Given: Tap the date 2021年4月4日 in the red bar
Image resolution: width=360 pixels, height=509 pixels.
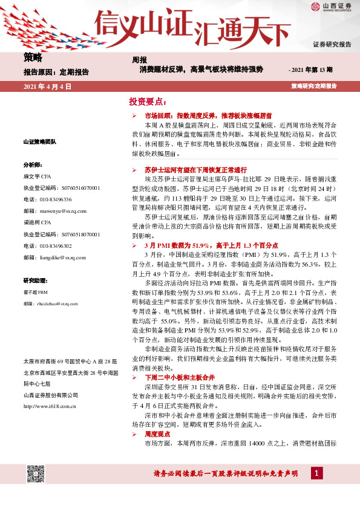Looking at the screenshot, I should [x=47, y=86].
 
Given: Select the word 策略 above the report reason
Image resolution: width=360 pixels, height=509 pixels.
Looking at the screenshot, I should [x=33, y=58].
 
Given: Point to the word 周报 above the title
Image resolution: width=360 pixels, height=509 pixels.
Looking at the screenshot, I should [x=140, y=60].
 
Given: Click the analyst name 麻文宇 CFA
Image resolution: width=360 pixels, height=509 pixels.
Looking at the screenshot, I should [x=38, y=176].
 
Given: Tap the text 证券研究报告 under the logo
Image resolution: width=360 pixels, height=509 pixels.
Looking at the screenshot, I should [x=332, y=45].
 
